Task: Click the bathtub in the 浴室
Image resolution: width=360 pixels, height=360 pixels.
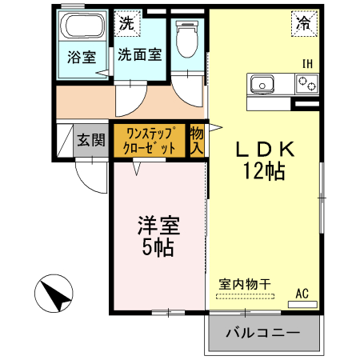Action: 82,29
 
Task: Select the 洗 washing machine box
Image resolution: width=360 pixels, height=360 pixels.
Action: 126,23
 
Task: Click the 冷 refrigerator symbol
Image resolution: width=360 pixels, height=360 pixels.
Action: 304,24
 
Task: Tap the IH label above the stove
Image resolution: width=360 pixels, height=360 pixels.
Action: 306,64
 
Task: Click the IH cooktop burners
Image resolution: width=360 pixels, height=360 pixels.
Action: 306,82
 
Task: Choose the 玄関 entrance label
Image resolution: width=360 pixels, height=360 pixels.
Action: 90,140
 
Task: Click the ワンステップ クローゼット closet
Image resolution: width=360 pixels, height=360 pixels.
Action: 149,141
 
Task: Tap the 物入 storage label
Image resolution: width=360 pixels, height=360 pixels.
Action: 198,141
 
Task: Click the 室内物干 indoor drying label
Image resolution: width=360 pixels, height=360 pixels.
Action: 246,283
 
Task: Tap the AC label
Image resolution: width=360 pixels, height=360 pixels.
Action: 302,293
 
